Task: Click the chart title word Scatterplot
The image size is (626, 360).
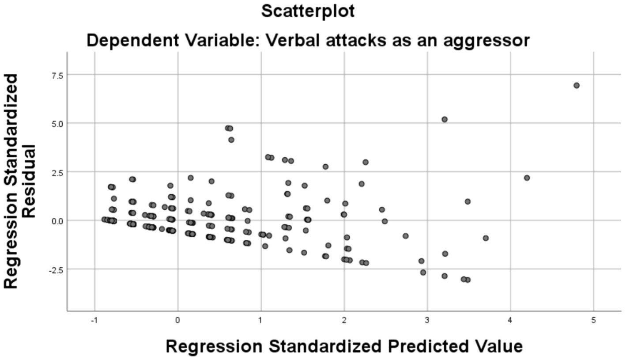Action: [x=308, y=11]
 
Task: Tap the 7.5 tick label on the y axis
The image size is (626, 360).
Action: [x=58, y=76]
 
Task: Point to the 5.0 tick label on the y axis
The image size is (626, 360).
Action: [x=58, y=124]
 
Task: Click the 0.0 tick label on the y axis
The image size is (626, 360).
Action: [x=58, y=221]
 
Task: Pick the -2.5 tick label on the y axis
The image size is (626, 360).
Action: [x=57, y=269]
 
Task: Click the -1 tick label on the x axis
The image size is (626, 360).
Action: [x=94, y=321]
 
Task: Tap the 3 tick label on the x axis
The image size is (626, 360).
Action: [x=427, y=321]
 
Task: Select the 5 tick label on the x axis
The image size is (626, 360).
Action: [x=593, y=321]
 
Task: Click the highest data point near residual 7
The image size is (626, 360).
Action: [x=576, y=85]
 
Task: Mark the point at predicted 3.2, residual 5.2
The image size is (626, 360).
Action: [x=445, y=119]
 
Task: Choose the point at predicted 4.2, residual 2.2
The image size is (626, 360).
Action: [x=527, y=178]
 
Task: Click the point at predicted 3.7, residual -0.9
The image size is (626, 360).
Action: [x=486, y=238]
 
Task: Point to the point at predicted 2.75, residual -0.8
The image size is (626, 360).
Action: [x=406, y=236]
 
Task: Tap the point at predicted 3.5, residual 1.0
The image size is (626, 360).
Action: [x=468, y=201]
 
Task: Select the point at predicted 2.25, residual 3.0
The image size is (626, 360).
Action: [x=366, y=162]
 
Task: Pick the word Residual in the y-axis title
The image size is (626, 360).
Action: [x=29, y=181]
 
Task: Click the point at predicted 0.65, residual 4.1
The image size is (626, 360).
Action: [x=231, y=140]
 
